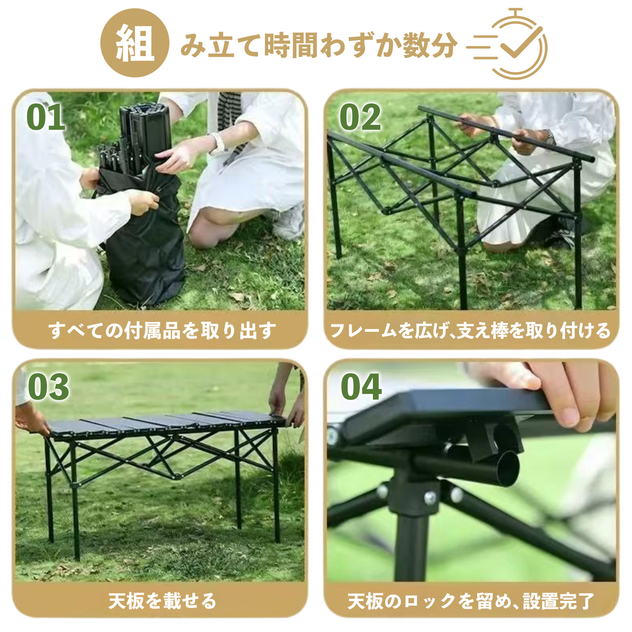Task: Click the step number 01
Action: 45,117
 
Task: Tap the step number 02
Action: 360,117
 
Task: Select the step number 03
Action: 48,387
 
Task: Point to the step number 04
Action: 361,387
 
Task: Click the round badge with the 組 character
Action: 135,43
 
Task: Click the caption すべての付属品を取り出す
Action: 162,330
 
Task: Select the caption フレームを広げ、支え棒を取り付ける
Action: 470,330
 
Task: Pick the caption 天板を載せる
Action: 162,601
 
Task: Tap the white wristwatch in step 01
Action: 218,142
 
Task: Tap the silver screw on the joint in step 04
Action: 430,497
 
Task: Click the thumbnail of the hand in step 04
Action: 569,414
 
